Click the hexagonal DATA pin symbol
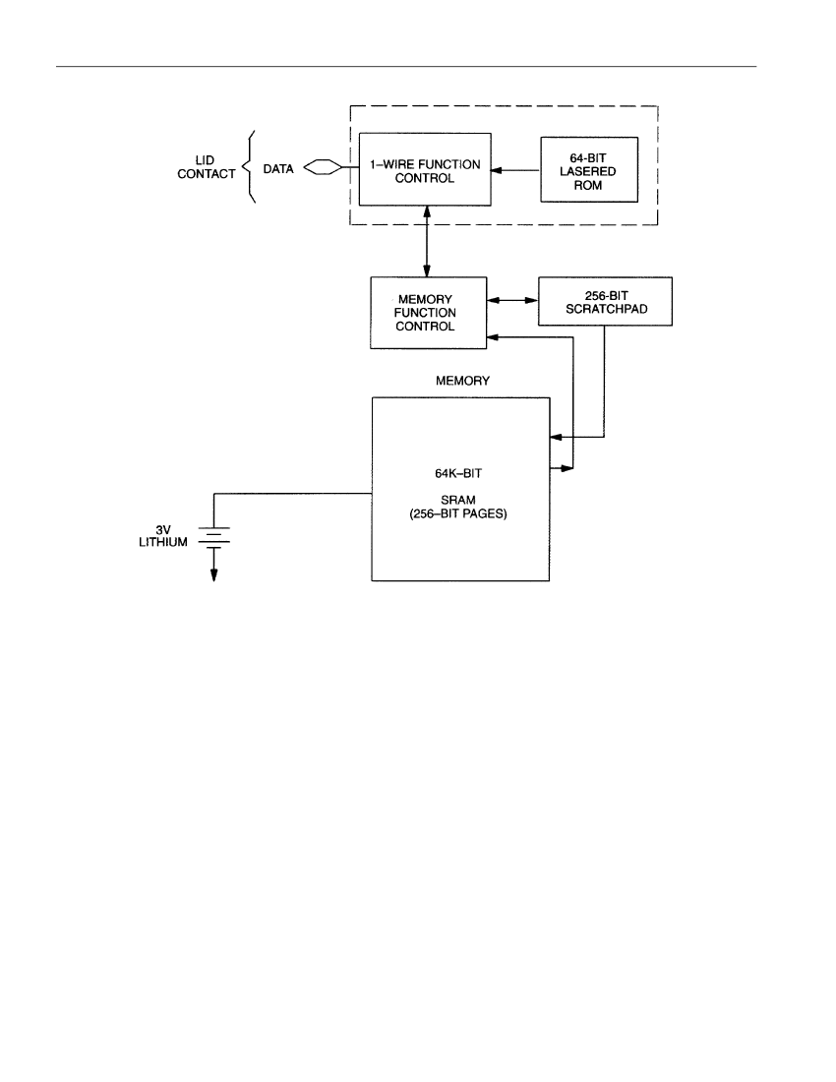[x=323, y=167]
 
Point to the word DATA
[x=278, y=168]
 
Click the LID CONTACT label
[x=207, y=167]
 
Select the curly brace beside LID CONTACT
[x=250, y=167]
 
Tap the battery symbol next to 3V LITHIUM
[x=213, y=537]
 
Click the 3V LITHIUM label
[x=163, y=536]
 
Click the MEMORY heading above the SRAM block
[x=463, y=381]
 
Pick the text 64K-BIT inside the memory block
[x=458, y=473]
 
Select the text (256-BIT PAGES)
[x=458, y=514]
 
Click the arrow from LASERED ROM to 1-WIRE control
[x=515, y=170]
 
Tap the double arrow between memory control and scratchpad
[x=512, y=300]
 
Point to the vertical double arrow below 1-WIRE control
[x=427, y=242]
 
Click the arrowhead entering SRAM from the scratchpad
[x=556, y=437]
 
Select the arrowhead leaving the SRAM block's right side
[x=567, y=468]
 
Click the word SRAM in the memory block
[x=458, y=500]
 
